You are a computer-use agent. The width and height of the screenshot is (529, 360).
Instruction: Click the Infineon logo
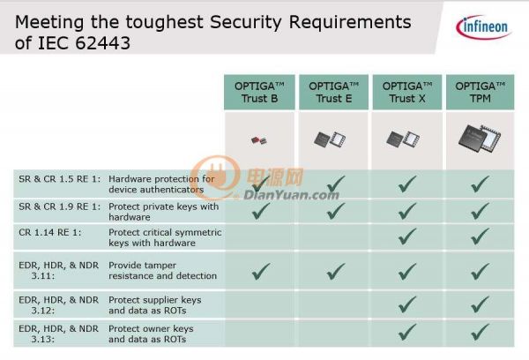(483, 26)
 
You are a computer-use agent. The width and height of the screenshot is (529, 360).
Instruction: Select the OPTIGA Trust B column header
(259, 92)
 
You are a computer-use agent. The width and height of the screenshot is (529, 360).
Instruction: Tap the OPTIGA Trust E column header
(333, 92)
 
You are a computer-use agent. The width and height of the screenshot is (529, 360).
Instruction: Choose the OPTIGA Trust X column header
(407, 92)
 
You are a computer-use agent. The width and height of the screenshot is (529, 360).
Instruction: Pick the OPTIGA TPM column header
(481, 92)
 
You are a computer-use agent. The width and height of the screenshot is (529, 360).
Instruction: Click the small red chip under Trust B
(259, 139)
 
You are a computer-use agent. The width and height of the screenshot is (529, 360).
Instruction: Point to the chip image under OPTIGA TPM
(480, 139)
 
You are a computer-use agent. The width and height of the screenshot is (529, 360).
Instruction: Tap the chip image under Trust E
(330, 139)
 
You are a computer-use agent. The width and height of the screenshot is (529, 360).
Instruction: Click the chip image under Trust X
(403, 139)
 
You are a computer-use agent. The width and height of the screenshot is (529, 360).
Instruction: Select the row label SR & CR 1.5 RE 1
(60, 179)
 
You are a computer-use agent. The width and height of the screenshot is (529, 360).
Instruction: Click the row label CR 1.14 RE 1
(50, 232)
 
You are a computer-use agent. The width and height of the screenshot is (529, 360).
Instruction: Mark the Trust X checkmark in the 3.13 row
(407, 332)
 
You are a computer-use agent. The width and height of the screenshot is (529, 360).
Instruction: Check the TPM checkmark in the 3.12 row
(481, 304)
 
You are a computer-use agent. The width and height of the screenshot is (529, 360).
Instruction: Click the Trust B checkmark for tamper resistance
(261, 271)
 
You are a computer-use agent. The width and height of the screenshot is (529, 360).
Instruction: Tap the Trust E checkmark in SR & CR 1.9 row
(336, 211)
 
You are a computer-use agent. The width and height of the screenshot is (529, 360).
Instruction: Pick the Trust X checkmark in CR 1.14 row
(407, 236)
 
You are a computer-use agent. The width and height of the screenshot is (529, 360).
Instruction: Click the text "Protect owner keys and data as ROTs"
(151, 334)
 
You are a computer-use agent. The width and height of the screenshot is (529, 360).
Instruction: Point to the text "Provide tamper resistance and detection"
(162, 271)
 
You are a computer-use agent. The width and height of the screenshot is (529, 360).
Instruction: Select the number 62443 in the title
(102, 43)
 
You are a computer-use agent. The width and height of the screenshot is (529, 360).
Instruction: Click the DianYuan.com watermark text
(291, 195)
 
